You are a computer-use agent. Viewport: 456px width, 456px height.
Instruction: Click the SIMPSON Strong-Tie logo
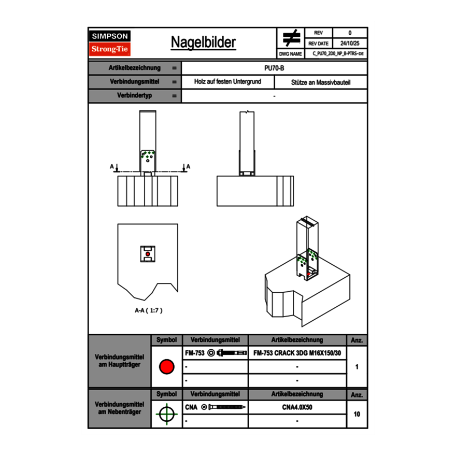pyautogui.click(x=110, y=43)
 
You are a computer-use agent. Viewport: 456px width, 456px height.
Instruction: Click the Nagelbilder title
pyautogui.click(x=203, y=42)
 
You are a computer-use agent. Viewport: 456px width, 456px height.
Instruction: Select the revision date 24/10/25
pyautogui.click(x=349, y=44)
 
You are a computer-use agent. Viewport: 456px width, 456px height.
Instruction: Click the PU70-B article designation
pyautogui.click(x=274, y=68)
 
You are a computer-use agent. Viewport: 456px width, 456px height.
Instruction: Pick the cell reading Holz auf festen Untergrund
pyautogui.click(x=227, y=82)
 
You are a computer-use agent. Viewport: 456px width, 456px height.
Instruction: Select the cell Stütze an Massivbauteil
pyautogui.click(x=320, y=82)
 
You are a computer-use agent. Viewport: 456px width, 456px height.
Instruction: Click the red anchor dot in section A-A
pyautogui.click(x=148, y=254)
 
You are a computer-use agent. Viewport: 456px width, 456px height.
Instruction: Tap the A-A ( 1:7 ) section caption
pyautogui.click(x=149, y=310)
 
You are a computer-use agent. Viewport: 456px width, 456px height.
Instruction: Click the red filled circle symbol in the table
pyautogui.click(x=166, y=367)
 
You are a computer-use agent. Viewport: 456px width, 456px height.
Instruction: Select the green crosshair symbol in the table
pyautogui.click(x=166, y=414)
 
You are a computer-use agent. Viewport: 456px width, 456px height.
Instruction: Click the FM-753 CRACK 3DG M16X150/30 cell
pyautogui.click(x=297, y=353)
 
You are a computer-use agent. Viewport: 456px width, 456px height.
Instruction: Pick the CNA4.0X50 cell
pyautogui.click(x=297, y=407)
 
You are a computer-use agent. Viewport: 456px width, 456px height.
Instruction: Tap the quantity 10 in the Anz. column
pyautogui.click(x=357, y=414)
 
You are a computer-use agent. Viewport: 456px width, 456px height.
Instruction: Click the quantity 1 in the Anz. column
pyautogui.click(x=357, y=367)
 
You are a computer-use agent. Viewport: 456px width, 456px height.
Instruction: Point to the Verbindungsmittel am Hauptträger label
pyautogui.click(x=120, y=361)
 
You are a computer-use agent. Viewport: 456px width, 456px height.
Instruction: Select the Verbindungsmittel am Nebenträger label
pyautogui.click(x=120, y=408)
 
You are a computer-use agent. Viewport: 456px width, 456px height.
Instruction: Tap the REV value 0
pyautogui.click(x=349, y=33)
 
